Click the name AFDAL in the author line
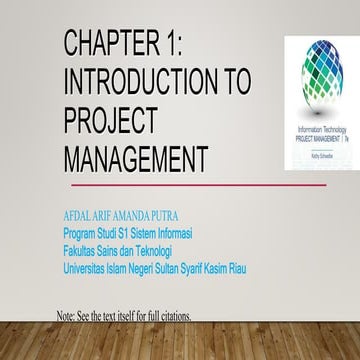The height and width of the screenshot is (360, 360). point(78,215)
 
